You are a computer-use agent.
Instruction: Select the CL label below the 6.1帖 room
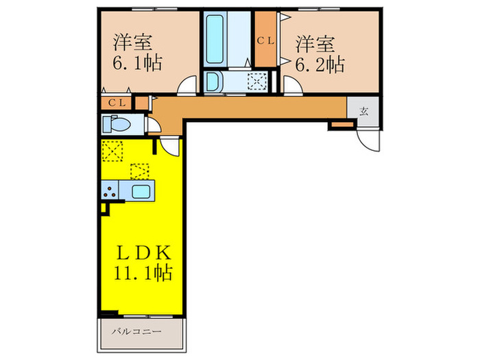117,103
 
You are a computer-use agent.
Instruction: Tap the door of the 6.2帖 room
291,86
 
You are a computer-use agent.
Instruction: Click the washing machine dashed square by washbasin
258,81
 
